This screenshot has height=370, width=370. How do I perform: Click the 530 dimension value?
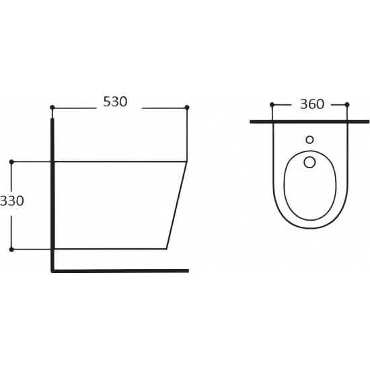[115, 102]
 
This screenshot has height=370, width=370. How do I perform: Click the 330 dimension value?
[12, 201]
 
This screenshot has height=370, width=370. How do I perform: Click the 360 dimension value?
[312, 104]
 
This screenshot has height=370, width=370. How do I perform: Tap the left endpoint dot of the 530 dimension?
[52, 108]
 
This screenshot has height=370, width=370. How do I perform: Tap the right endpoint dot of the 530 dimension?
[187, 108]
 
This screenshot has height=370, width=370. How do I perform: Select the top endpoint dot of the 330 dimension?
[11, 161]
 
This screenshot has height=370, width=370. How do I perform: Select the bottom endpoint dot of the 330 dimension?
[11, 249]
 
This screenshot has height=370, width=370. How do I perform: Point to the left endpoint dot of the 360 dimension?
[272, 104]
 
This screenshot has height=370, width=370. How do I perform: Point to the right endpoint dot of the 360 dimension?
[347, 104]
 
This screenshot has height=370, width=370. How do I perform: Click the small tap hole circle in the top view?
[309, 140]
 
